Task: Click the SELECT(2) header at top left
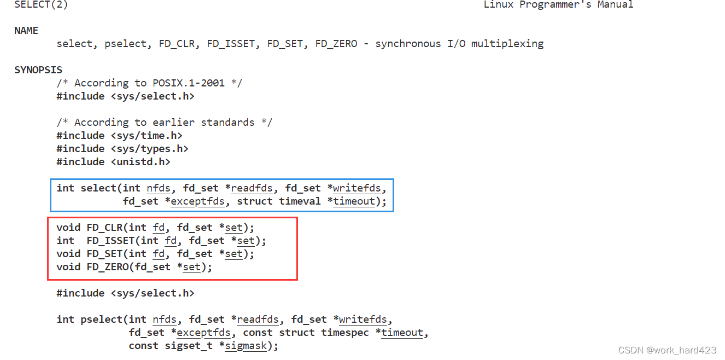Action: pos(41,5)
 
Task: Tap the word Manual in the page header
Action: pos(615,5)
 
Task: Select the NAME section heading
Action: pos(26,31)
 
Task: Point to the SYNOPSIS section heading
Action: pos(38,70)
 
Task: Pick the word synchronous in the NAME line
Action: pos(408,44)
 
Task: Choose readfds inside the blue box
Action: pos(252,188)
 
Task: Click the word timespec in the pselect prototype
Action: pos(345,333)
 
